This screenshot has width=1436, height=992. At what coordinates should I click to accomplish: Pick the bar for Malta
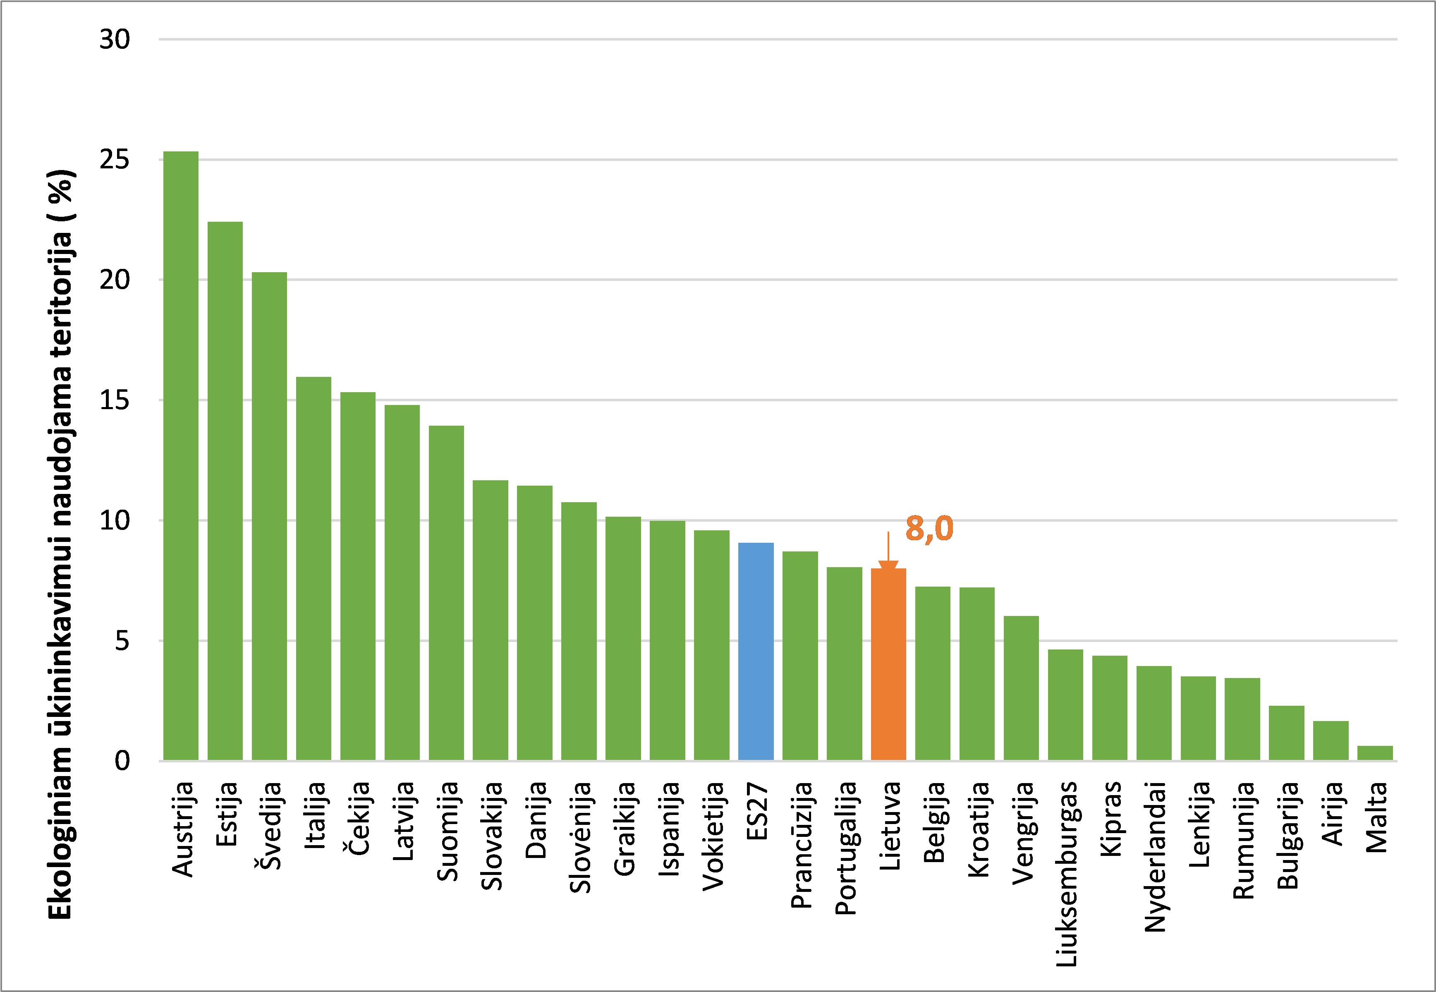1374,753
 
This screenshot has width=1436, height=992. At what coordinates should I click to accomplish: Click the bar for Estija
225,491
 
